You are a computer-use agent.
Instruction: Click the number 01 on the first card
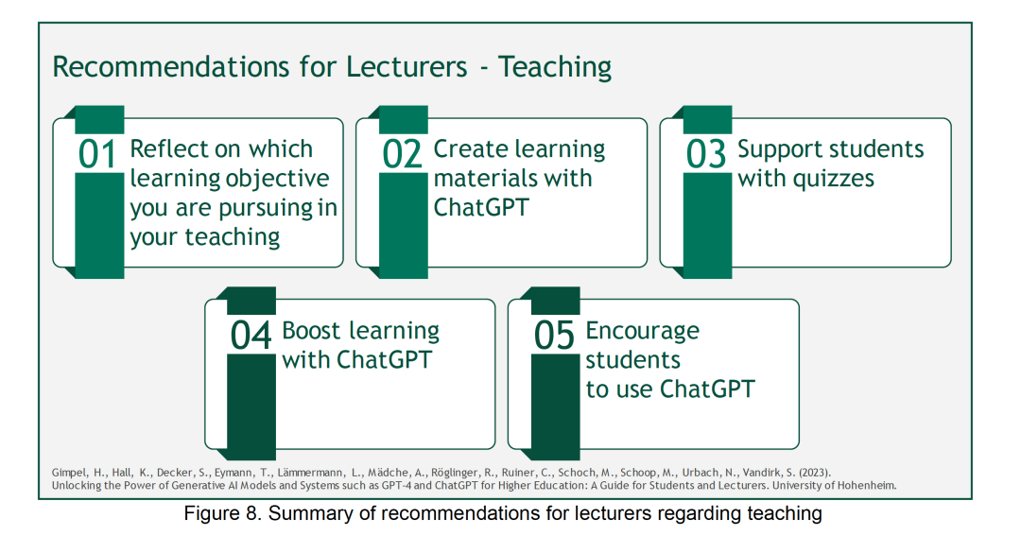click(x=97, y=154)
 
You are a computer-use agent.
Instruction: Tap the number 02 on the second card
click(x=401, y=154)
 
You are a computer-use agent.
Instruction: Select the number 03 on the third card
click(x=705, y=154)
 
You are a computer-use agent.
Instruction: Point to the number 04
click(x=250, y=336)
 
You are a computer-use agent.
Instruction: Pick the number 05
click(x=554, y=336)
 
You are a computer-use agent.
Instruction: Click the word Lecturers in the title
click(x=407, y=67)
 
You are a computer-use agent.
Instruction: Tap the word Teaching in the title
click(x=555, y=68)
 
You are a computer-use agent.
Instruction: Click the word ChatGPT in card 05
click(x=707, y=389)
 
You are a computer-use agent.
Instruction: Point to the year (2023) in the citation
click(x=815, y=473)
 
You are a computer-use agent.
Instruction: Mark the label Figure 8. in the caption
click(x=223, y=514)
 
